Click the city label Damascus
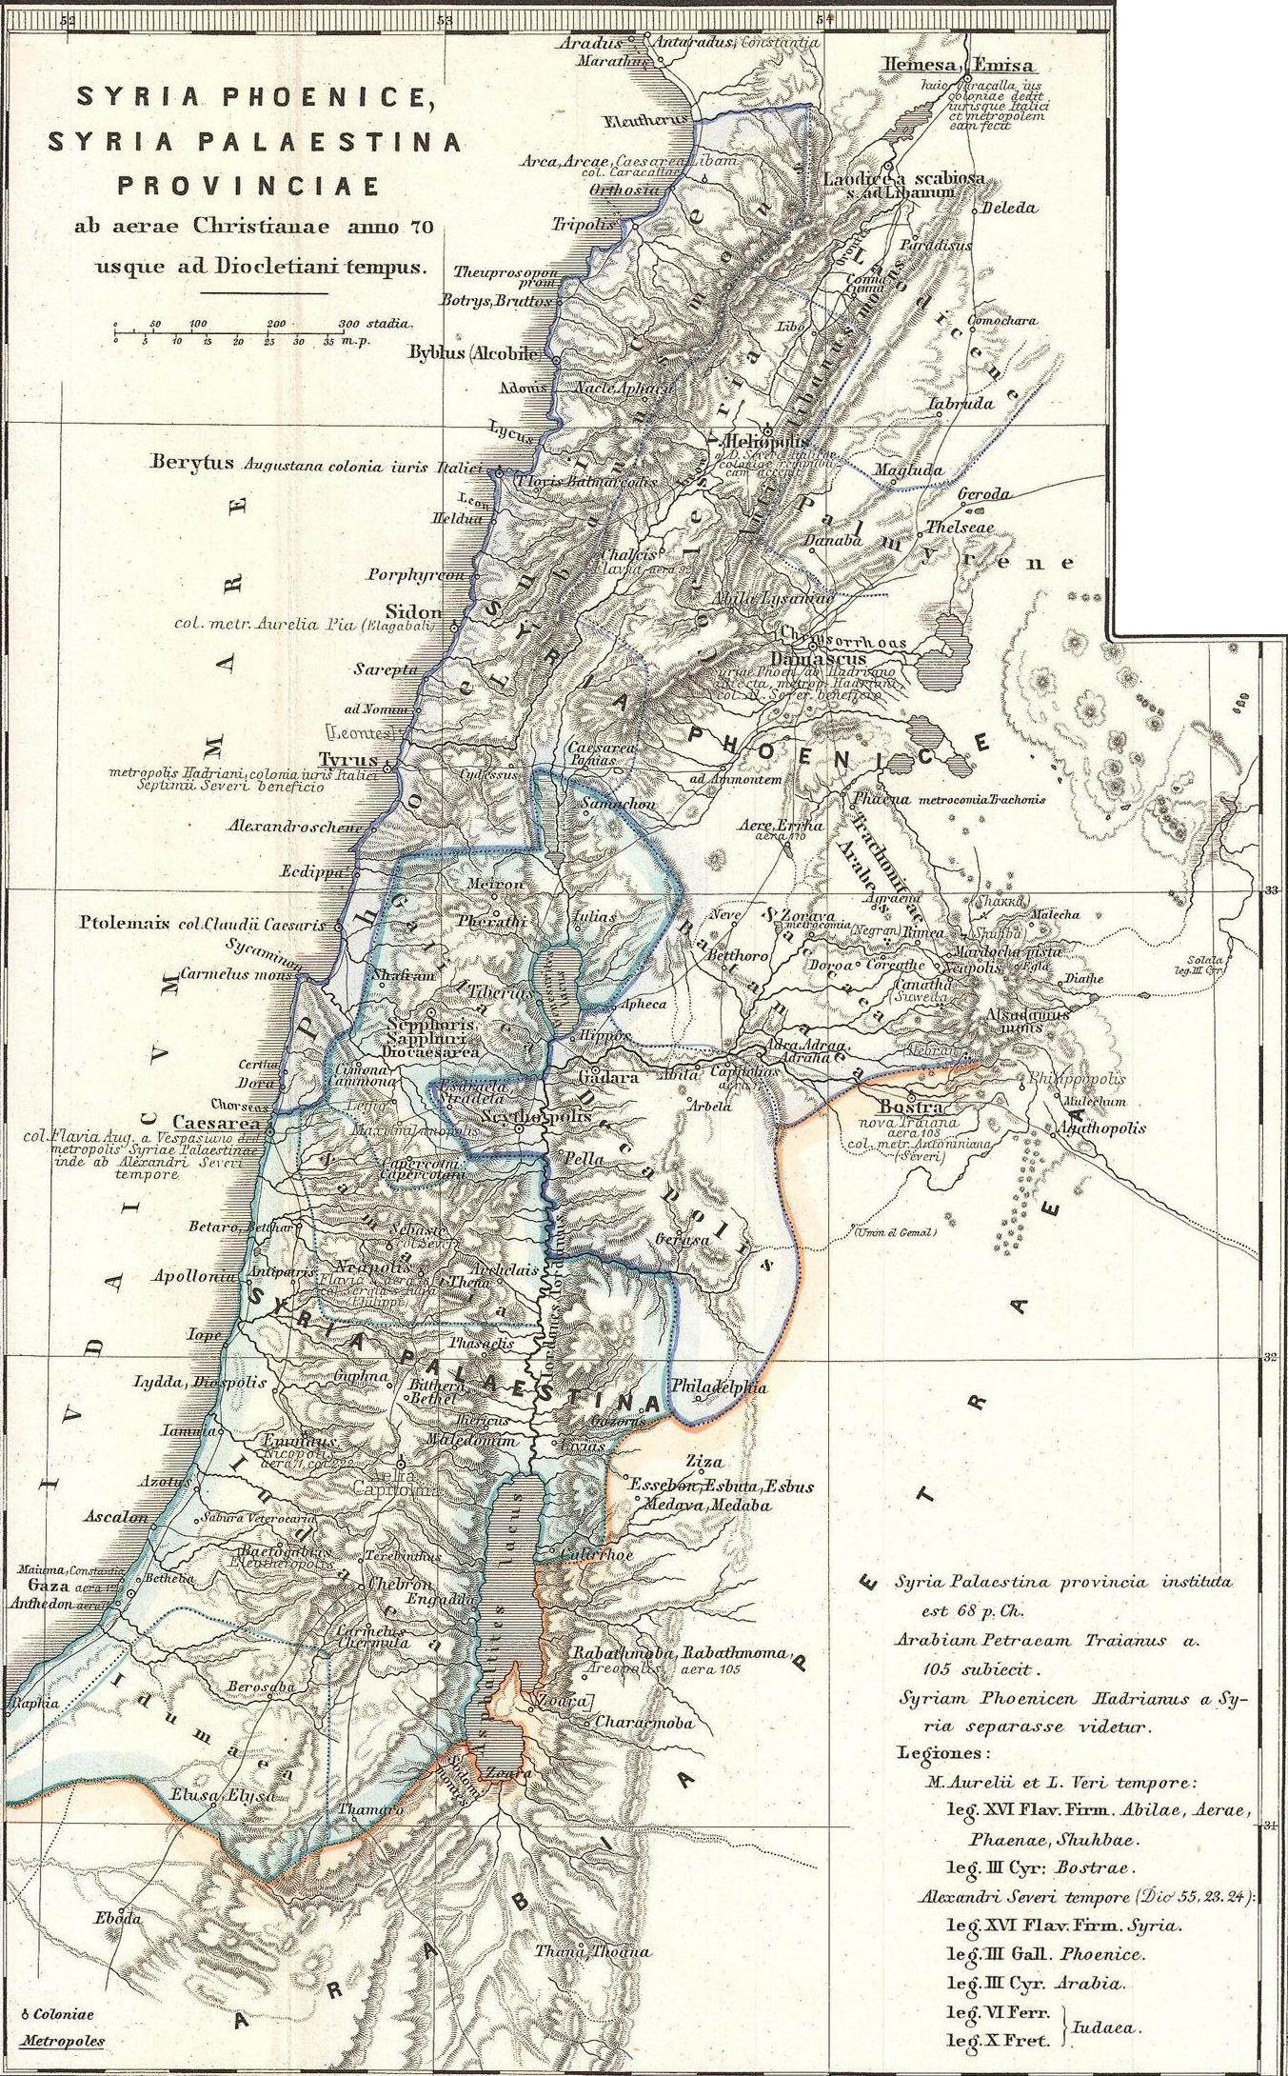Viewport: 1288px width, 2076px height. pos(818,658)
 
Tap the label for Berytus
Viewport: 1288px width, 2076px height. pos(191,464)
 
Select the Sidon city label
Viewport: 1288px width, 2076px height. pos(413,611)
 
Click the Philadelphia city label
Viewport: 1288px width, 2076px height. pos(719,1387)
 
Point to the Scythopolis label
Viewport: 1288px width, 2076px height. pos(520,1115)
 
